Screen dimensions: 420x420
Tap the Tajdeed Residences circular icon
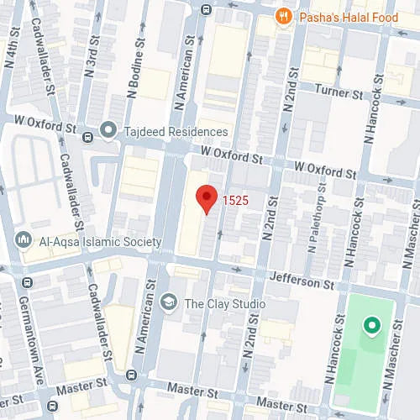pyautogui.click(x=108, y=131)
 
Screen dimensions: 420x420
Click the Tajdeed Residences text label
pyautogui.click(x=174, y=132)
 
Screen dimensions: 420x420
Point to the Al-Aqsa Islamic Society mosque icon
pyautogui.click(x=24, y=241)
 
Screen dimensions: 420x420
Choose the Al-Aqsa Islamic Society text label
pyautogui.click(x=99, y=242)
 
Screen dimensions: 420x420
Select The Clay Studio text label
pyautogui.click(x=224, y=303)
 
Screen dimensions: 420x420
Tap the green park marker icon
pyautogui.click(x=370, y=325)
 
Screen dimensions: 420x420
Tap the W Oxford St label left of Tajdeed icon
pyautogui.click(x=48, y=131)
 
